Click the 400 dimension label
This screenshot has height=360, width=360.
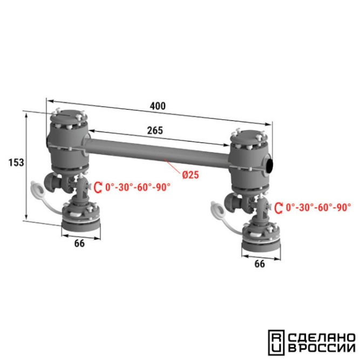(158, 106)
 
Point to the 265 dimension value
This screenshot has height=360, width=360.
(155, 131)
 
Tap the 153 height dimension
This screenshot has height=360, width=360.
(16, 162)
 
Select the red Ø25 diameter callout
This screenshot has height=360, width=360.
(191, 175)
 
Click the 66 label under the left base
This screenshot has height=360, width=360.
(79, 243)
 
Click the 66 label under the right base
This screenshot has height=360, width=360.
(260, 264)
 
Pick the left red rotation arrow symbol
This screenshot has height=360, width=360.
(98, 187)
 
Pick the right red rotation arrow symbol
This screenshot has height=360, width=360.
(279, 208)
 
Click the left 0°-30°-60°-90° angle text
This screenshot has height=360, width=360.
(138, 187)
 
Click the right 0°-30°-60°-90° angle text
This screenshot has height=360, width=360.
(318, 208)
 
